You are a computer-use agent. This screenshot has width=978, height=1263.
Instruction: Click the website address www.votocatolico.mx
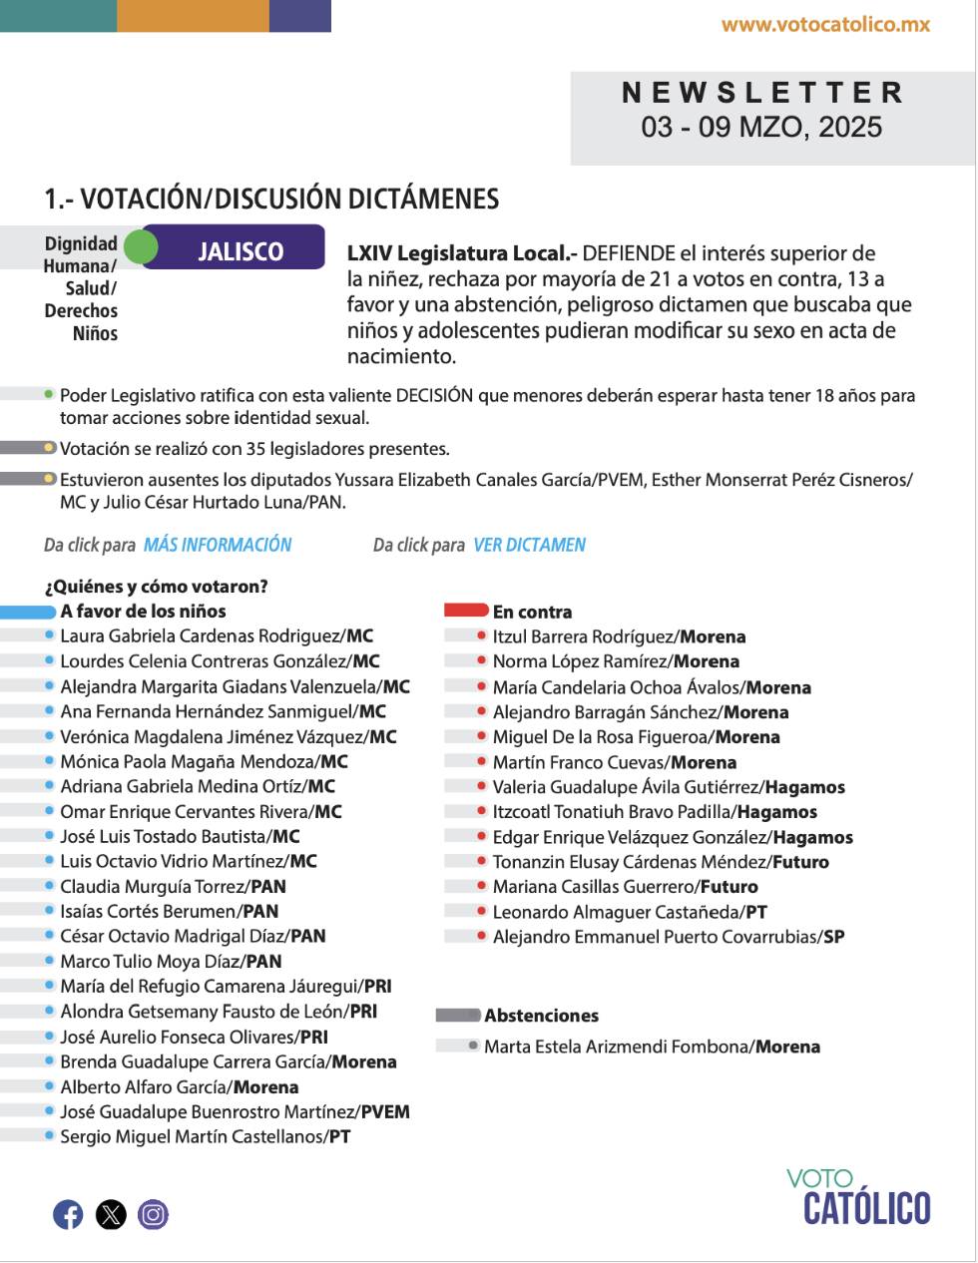[x=825, y=25]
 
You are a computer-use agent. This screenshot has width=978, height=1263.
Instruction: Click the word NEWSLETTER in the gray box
[x=762, y=93]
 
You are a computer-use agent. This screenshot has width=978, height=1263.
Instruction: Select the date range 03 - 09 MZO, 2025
[x=761, y=128]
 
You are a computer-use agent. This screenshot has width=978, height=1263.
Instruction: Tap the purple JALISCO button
[x=241, y=251]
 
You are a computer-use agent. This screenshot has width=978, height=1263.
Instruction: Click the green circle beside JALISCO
[x=142, y=246]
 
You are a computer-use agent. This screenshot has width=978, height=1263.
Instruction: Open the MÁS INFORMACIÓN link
[x=218, y=545]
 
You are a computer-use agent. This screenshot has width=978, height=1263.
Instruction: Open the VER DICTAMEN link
[x=529, y=545]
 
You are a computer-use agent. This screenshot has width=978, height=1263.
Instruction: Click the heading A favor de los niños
[x=143, y=612]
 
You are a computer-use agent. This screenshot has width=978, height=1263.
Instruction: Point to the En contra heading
[x=532, y=612]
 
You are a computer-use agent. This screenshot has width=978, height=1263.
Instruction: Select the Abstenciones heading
[x=541, y=1016]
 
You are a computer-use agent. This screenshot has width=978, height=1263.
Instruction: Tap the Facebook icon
[x=68, y=1214]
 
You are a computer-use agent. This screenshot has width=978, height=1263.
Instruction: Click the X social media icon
[x=111, y=1214]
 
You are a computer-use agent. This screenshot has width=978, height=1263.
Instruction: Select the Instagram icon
[x=154, y=1214]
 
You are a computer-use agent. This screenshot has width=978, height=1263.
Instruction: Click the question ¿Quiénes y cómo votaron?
[x=156, y=587]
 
